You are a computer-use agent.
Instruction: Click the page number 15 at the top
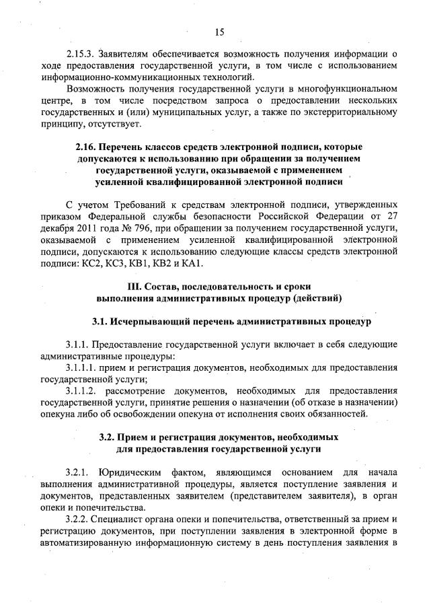pyautogui.click(x=219, y=32)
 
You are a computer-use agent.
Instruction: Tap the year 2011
pyautogui.click(x=86, y=227)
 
